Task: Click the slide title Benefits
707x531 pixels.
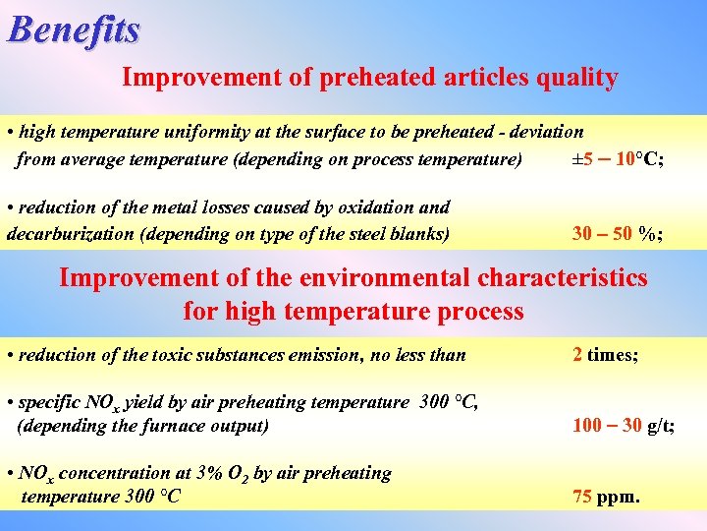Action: click(74, 29)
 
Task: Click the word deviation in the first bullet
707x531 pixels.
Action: click(543, 132)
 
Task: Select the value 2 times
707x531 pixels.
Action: click(605, 355)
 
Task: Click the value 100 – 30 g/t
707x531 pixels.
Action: click(623, 427)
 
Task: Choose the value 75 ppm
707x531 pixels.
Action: click(606, 498)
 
